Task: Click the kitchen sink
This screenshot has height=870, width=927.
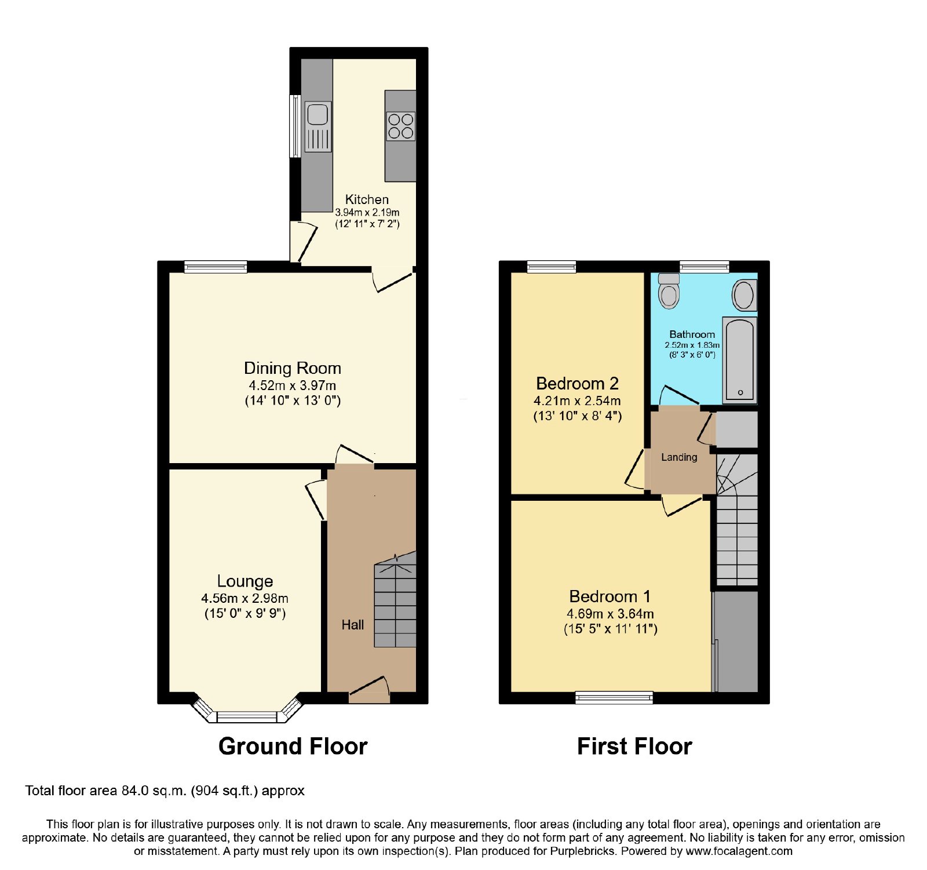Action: click(x=318, y=126)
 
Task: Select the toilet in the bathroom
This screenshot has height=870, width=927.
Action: click(x=669, y=290)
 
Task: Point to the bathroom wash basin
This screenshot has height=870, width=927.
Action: click(x=744, y=296)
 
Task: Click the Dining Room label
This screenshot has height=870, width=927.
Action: click(x=293, y=369)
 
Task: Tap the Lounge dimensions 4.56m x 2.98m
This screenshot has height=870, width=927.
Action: click(x=244, y=599)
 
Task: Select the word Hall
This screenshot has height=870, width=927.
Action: click(x=353, y=625)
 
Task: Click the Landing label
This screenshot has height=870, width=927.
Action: click(x=680, y=457)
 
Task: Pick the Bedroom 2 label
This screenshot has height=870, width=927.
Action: click(x=578, y=384)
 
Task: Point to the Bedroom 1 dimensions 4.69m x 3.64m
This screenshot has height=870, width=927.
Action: click(x=611, y=614)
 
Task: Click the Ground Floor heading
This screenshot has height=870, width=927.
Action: click(x=293, y=747)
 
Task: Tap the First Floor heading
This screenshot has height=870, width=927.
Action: click(x=635, y=747)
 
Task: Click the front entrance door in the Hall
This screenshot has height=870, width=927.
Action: click(x=370, y=690)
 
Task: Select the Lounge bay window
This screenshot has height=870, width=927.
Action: click(x=247, y=710)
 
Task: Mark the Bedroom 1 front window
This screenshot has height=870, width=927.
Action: click(x=614, y=698)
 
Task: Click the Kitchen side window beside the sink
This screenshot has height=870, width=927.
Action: click(x=295, y=126)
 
